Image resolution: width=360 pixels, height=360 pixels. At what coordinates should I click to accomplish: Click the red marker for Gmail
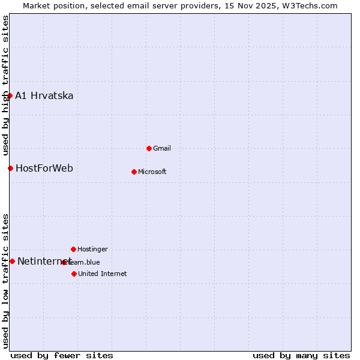[149, 148]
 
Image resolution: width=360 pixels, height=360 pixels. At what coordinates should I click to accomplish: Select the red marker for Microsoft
[134, 172]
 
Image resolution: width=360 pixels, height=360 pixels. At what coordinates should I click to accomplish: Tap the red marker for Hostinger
[73, 249]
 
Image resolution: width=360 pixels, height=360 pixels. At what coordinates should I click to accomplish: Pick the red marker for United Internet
[74, 274]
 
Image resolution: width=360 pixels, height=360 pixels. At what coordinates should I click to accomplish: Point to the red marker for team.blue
[64, 262]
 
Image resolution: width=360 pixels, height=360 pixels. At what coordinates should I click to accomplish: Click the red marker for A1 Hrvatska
[10, 96]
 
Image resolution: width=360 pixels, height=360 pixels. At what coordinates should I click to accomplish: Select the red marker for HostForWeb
[10, 168]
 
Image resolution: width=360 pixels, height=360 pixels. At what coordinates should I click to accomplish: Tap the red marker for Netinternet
[12, 261]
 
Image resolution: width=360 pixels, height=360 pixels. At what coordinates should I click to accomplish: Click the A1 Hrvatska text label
[44, 96]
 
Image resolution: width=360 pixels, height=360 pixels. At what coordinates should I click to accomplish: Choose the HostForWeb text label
[44, 168]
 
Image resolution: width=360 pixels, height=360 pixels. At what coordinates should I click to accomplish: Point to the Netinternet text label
[44, 261]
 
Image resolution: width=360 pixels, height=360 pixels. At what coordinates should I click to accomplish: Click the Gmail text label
[162, 148]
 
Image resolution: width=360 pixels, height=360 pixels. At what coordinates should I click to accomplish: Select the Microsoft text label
[152, 172]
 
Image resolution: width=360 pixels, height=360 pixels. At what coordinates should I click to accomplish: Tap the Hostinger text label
[92, 249]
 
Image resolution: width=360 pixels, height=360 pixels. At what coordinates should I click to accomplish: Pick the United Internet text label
[102, 274]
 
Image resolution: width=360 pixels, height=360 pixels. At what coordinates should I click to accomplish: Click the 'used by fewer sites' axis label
[62, 355]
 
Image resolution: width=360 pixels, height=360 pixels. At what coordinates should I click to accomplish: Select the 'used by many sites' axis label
[301, 355]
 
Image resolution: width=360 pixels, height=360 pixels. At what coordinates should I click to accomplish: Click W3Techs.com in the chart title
[310, 5]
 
